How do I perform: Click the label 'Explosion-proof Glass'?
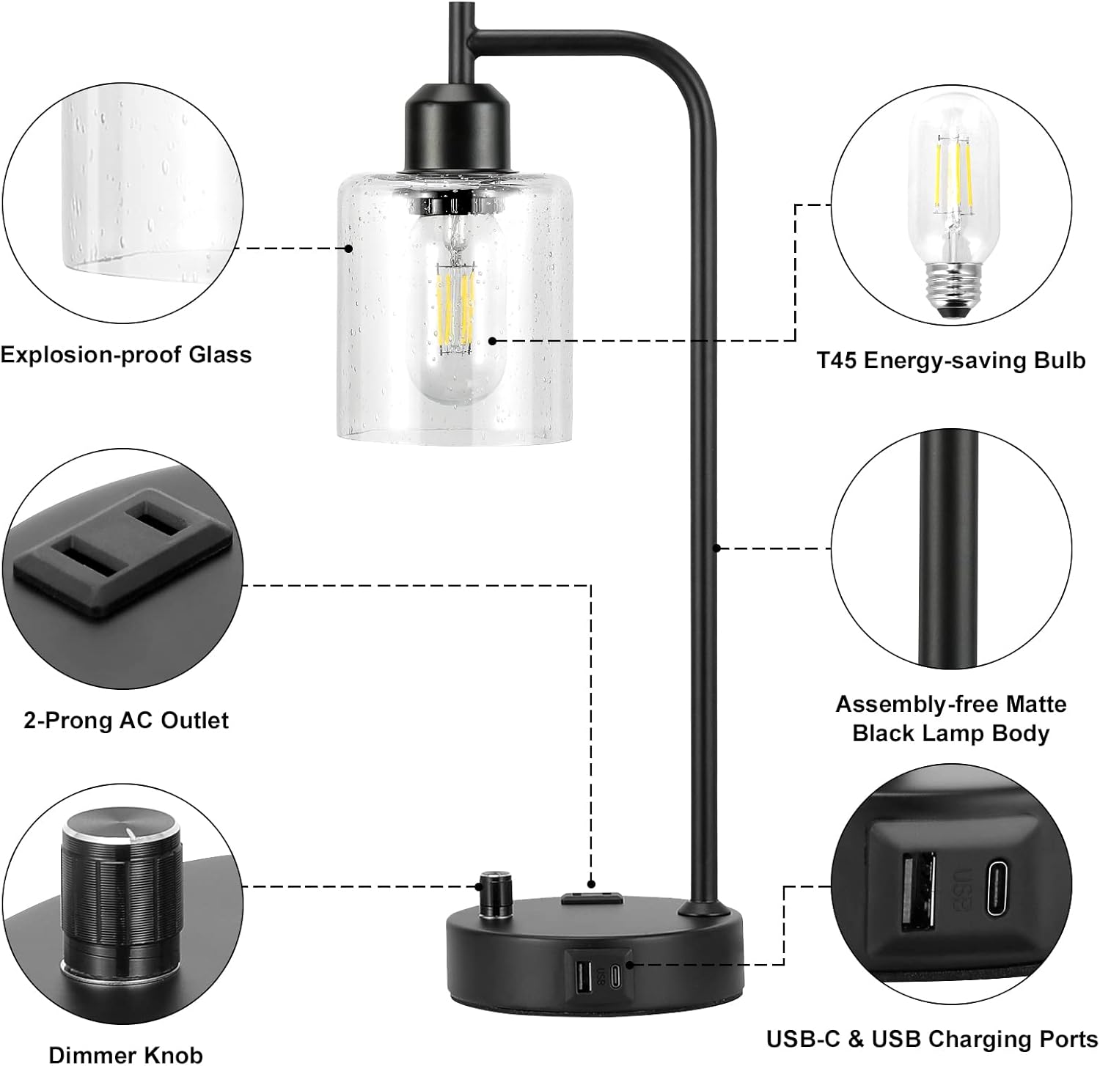tap(125, 355)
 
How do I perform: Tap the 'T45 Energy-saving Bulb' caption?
tap(950, 360)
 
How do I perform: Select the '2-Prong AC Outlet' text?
tap(126, 720)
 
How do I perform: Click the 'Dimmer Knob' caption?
tap(125, 1054)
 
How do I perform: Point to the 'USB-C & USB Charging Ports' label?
tap(931, 1039)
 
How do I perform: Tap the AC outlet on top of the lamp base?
tap(591, 897)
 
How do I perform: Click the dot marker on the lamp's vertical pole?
tap(717, 547)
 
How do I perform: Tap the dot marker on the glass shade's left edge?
tap(349, 249)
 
